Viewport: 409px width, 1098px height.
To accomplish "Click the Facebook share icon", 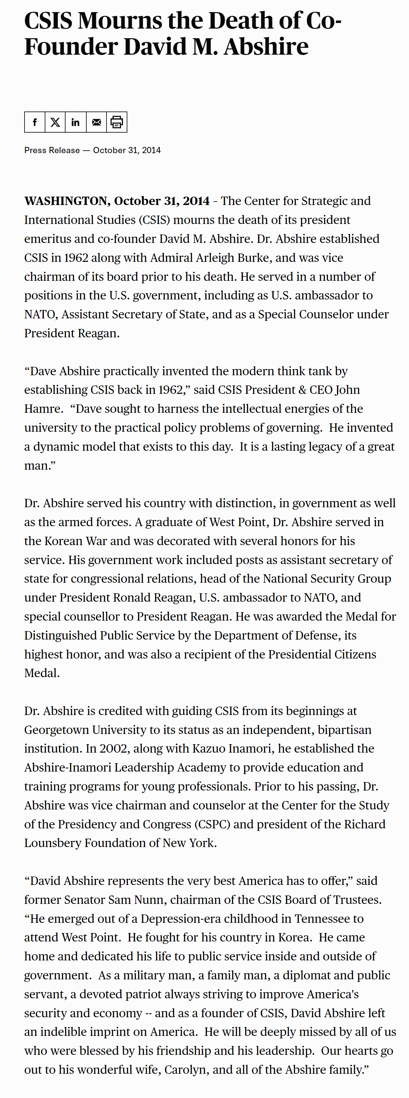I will (x=35, y=122).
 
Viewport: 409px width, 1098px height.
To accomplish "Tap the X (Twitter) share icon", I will (x=55, y=122).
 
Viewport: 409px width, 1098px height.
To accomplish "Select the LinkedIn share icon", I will (x=75, y=122).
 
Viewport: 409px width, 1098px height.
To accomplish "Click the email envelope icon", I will (x=97, y=122).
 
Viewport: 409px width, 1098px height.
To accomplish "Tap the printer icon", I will (x=117, y=122).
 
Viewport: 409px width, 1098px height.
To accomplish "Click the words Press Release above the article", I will (x=52, y=150).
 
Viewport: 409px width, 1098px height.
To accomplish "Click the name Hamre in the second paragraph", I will (x=43, y=409).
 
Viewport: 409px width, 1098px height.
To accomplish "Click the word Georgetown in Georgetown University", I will (x=56, y=730).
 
